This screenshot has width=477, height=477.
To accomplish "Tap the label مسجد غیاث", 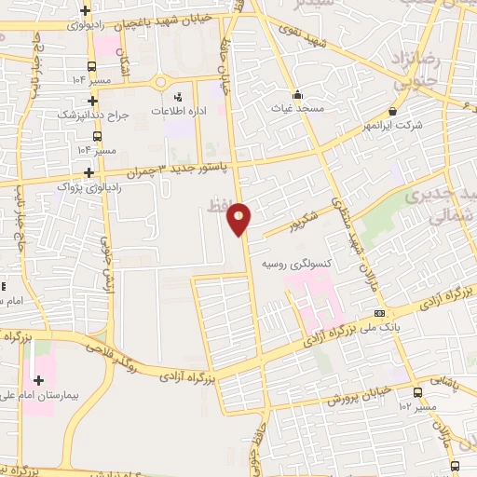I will pos(297,109).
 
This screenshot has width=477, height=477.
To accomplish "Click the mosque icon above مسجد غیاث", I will pos(297,93).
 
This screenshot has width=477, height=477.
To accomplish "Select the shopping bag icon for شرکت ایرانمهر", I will pos(394,111).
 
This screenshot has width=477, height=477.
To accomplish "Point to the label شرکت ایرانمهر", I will pos(416,125).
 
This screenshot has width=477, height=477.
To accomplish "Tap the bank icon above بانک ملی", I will pos(378,314).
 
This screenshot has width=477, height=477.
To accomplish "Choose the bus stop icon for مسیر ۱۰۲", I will pos(416,392).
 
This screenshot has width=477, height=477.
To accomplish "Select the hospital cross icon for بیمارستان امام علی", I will pos(38,380).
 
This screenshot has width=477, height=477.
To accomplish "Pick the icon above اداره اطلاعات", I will pos(178,96).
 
